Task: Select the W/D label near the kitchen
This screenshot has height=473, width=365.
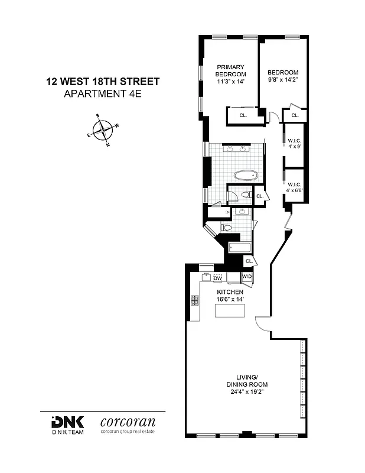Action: [247, 277]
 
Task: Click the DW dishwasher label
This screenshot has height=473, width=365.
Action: [217, 278]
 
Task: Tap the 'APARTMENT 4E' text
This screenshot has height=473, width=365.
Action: [103, 94]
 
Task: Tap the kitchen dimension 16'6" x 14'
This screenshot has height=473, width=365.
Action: [230, 300]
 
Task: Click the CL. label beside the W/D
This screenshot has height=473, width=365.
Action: [249, 261]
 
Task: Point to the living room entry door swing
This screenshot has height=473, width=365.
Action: [262, 325]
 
